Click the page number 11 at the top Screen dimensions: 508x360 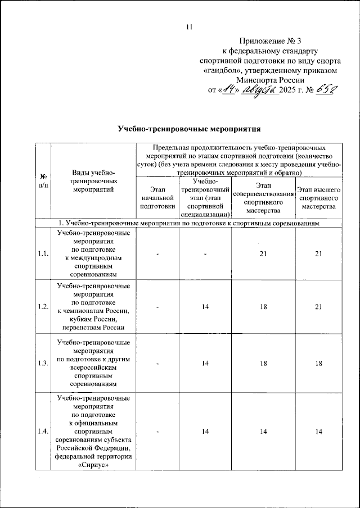coord(189,26)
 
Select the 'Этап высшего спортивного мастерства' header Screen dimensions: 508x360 coord(318,198)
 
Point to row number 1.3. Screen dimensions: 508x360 coord(43,363)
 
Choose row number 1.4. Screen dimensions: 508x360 coord(43,431)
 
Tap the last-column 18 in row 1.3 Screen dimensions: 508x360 coord(318,363)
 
